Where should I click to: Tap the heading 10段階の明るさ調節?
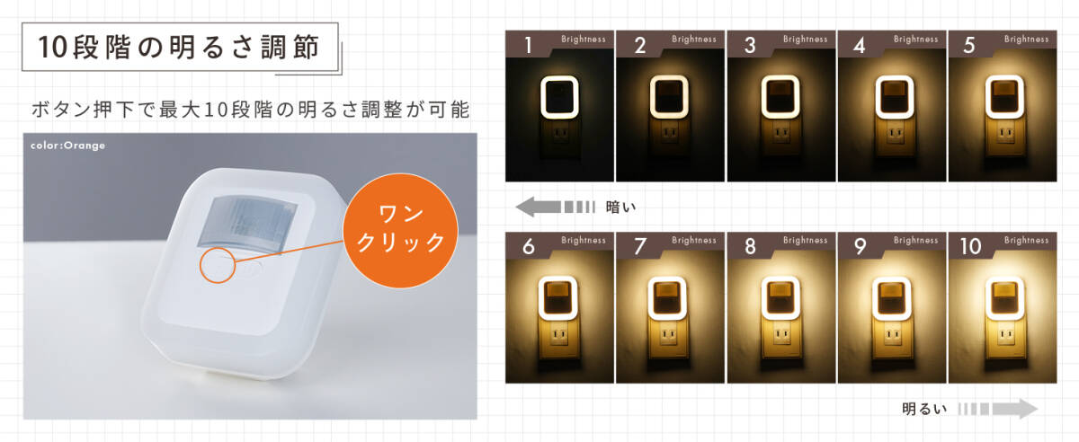click(x=180, y=49)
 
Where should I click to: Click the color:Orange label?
click(x=67, y=146)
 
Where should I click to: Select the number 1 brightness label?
click(x=529, y=46)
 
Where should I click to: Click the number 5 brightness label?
click(x=969, y=46)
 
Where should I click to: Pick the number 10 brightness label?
click(x=972, y=247)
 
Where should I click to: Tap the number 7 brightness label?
click(x=640, y=247)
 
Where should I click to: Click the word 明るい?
click(x=925, y=410)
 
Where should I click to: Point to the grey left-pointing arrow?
click(x=554, y=208)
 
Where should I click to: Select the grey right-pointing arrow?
click(x=998, y=410)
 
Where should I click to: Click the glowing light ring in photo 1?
click(x=559, y=98)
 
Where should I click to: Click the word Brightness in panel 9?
click(x=915, y=241)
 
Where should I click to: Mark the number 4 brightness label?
click(x=859, y=46)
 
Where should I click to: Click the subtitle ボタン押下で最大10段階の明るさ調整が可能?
click(x=251, y=110)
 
